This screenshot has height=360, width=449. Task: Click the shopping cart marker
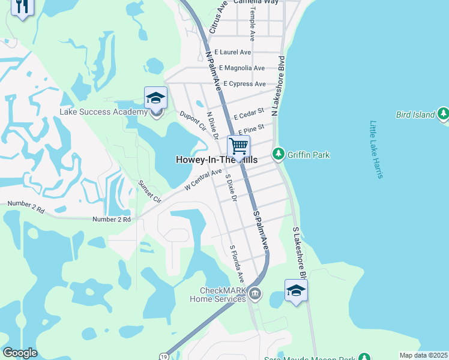coord(238,146)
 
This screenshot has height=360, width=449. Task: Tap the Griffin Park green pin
coord(278,155)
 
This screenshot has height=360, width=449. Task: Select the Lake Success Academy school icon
coord(155,98)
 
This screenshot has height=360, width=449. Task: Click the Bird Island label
coord(415,115)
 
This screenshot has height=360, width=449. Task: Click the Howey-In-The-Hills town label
coord(217,160)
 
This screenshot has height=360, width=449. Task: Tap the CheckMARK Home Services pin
coord(255,293)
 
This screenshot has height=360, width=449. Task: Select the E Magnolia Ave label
coord(242,68)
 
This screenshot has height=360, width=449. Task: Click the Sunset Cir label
coord(150,191)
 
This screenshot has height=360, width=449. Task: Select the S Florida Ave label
coord(237,263)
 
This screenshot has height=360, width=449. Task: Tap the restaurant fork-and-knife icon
coord(22,7)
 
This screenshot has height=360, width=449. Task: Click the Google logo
coord(20,353)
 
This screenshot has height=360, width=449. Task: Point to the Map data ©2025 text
coord(423,355)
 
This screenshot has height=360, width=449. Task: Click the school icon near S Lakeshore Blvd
coord(296,292)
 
